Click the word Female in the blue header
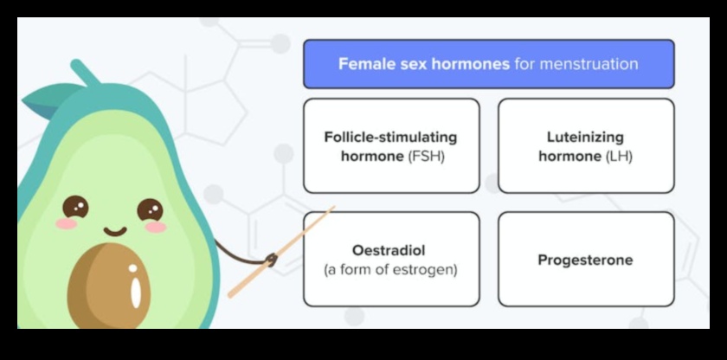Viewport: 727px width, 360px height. (x=361, y=64)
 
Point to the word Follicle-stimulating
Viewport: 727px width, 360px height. (x=390, y=137)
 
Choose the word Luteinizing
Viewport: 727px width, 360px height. (x=585, y=137)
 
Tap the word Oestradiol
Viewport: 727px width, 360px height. (x=390, y=250)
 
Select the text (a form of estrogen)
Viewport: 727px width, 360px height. (x=390, y=269)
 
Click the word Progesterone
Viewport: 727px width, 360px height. (x=585, y=260)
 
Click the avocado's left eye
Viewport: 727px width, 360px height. (x=75, y=207)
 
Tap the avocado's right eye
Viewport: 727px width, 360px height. (x=150, y=209)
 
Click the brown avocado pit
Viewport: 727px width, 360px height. (x=108, y=286)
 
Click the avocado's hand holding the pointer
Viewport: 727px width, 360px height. (x=271, y=259)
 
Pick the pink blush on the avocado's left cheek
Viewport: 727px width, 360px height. (x=66, y=224)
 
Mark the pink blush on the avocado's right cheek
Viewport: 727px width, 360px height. (x=156, y=227)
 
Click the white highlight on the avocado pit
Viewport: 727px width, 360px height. (x=135, y=290)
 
